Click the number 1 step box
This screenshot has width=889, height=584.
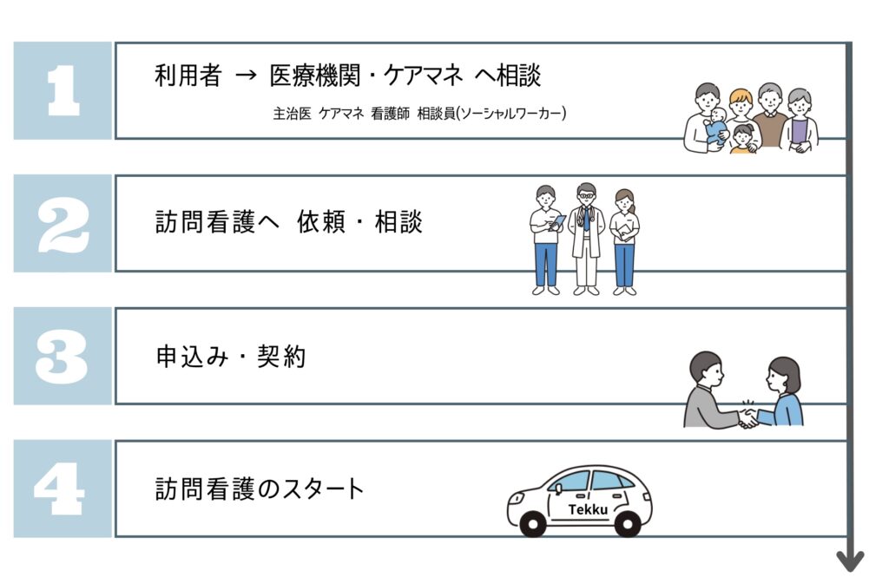(x=63, y=90)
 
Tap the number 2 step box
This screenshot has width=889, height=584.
(x=63, y=223)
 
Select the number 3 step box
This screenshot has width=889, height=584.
(x=63, y=356)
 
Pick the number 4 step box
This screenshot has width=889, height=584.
(x=63, y=489)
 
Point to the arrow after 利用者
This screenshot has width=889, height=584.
(x=247, y=77)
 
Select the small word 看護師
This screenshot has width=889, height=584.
(x=389, y=114)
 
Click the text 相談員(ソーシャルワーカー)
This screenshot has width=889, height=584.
(x=491, y=114)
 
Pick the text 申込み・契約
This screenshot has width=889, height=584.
(x=230, y=356)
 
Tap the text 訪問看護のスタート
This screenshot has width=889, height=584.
(x=259, y=489)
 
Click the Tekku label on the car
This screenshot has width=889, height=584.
(x=588, y=510)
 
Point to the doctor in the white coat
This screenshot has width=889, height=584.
(x=586, y=235)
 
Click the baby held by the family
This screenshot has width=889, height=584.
(x=717, y=128)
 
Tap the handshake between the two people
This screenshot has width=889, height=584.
(x=747, y=418)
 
